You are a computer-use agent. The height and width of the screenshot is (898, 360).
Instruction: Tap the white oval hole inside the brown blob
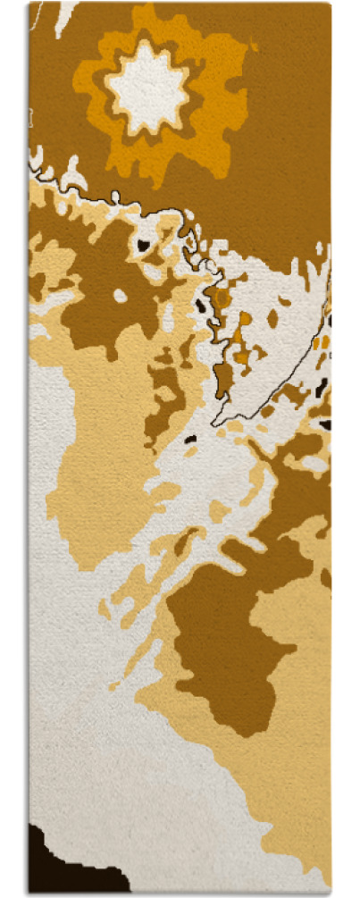(120, 295)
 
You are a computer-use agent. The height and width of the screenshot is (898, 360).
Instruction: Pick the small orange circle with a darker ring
(222, 296)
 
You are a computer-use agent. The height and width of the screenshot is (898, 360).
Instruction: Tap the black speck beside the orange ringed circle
(200, 305)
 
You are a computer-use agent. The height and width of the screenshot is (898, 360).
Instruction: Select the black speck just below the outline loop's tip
(189, 439)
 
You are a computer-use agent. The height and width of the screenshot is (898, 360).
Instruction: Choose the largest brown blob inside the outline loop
(223, 380)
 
